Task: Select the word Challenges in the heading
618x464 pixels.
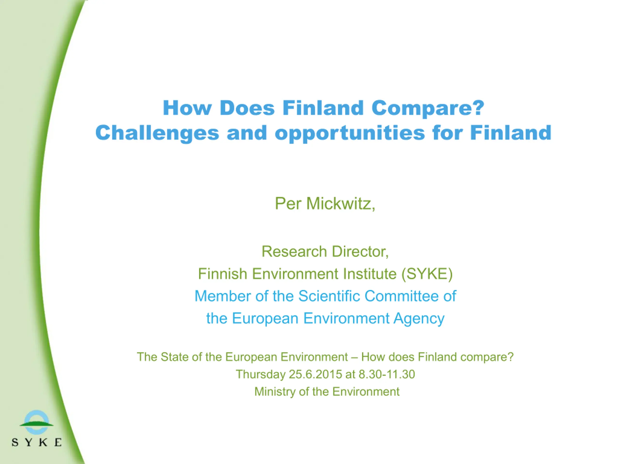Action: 157,133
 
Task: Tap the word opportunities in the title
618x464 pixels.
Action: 350,133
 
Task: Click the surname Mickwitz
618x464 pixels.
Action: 341,203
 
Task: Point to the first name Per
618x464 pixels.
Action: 288,203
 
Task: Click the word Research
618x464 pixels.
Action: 294,251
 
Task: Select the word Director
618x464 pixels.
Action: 360,251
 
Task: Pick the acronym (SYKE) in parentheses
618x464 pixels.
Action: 427,274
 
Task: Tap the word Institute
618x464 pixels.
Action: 370,274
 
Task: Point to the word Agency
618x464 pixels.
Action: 419,319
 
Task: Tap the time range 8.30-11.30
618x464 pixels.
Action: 387,374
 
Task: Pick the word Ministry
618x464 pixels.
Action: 275,392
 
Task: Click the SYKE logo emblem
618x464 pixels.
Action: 37,422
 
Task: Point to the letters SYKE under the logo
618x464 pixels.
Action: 37,442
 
